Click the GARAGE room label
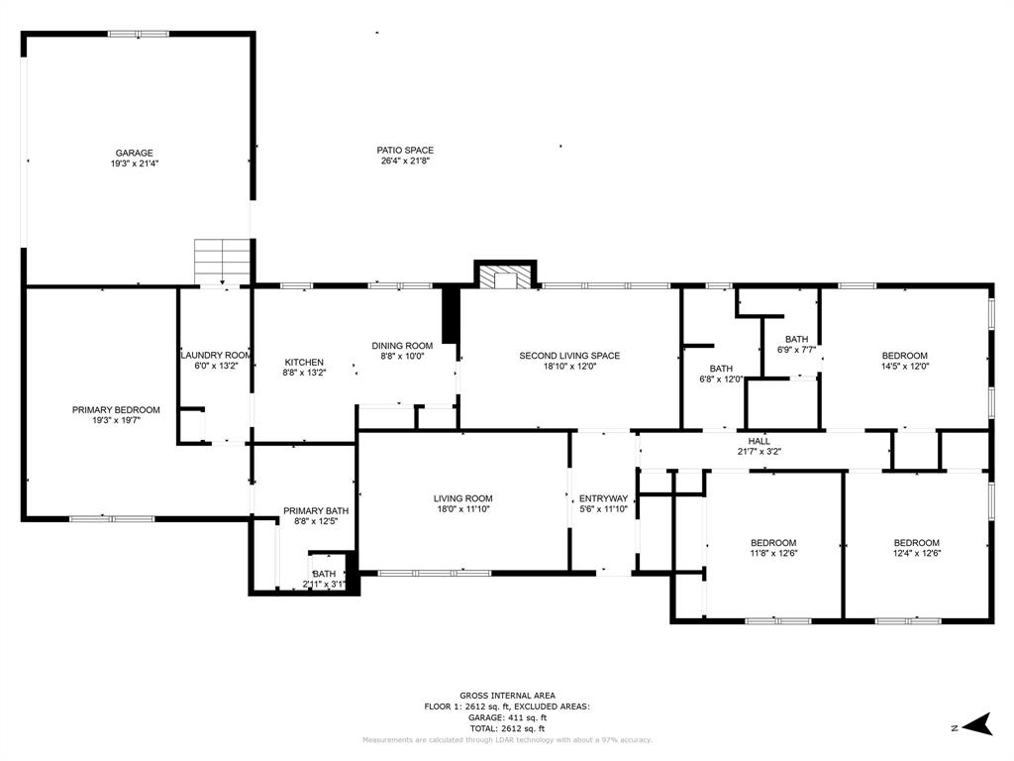pos(135,153)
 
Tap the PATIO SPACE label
pos(405,150)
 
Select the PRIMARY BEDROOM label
pos(116,409)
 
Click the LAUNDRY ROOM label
pos(216,355)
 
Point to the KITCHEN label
pos(304,362)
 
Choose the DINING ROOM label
pos(402,346)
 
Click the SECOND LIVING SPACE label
pos(569,355)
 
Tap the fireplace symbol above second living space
pos(506,276)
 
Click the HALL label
pos(759,441)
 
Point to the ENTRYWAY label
pos(603,498)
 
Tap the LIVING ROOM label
pos(462,498)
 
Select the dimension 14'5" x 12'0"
pos(905,367)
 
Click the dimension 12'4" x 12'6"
pos(916,554)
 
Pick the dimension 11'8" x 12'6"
pos(772,554)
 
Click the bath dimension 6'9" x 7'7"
pos(796,350)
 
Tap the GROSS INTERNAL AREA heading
pos(507,696)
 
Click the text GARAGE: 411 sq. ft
pos(507,717)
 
